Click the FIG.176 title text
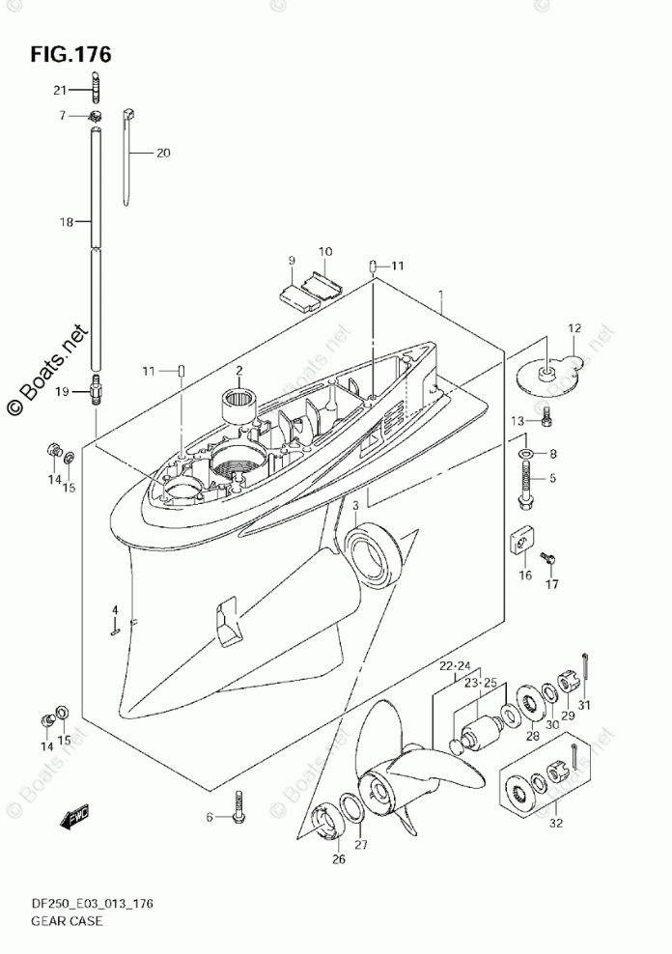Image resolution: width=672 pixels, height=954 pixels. tap(70, 54)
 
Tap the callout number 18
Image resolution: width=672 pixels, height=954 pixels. tap(66, 222)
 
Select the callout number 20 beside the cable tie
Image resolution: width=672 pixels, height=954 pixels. tap(162, 153)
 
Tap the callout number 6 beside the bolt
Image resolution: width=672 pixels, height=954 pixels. tap(208, 818)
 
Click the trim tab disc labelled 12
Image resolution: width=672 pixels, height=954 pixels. tap(546, 373)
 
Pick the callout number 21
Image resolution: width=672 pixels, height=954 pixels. tap(60, 90)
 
